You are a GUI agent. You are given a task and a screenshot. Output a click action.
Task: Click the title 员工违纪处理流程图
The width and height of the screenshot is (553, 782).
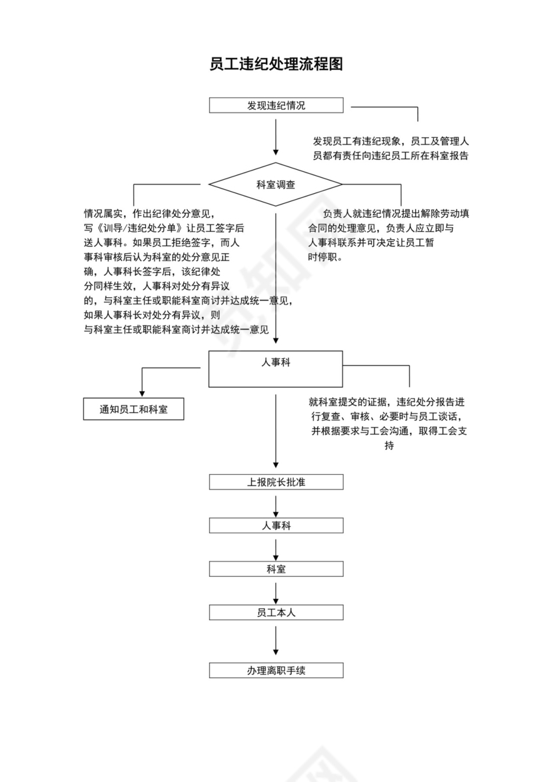pos(276,65)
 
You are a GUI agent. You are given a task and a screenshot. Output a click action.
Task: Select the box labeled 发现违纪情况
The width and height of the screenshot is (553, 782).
pos(276,105)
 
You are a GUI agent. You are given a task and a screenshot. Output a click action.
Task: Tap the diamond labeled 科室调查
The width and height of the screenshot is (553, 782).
pos(276,185)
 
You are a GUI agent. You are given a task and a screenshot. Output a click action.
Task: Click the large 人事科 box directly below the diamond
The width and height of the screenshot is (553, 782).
pos(276,368)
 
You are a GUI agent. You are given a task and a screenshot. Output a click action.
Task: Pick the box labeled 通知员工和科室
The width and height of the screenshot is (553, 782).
pos(133,410)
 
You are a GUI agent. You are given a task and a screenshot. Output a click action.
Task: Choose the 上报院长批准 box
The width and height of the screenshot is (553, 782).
pos(276,482)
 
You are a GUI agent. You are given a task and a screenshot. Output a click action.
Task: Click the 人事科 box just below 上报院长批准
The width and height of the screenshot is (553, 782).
pos(276,525)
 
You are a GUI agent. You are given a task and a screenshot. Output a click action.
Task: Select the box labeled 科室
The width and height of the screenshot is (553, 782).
pos(276,569)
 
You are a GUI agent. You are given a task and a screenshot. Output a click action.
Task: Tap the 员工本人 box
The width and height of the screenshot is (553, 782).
pos(276,612)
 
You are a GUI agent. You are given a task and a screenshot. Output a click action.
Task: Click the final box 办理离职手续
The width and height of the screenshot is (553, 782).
pos(276,670)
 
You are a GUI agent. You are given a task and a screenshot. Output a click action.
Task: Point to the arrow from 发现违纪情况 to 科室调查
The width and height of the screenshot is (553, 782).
pos(276,137)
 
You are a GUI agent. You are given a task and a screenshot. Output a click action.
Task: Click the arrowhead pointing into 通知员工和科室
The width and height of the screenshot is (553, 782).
pos(141,394)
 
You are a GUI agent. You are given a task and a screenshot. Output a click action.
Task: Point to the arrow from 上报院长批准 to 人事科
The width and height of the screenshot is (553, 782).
pos(276,504)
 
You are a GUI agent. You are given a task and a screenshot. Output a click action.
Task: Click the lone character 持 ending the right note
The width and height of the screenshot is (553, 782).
pos(389,446)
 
